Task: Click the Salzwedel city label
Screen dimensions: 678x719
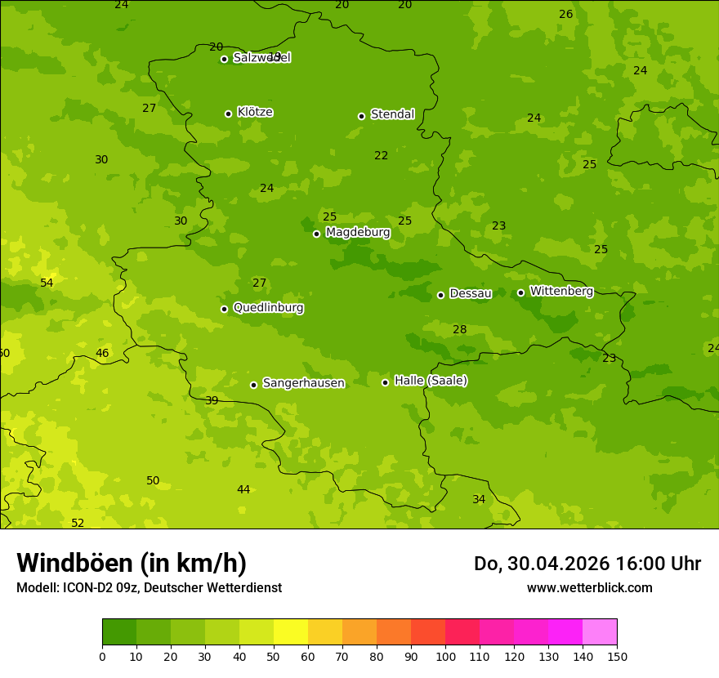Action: point(261,58)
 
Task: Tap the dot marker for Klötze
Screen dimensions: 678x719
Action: point(229,114)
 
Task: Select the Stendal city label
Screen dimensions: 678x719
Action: point(392,114)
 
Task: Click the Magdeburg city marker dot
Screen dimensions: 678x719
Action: point(317,234)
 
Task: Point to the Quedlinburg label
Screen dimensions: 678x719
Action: point(268,308)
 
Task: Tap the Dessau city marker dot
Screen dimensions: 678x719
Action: point(441,295)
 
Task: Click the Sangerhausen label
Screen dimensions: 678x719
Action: point(303,383)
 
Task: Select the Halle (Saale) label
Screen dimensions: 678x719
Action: point(431,381)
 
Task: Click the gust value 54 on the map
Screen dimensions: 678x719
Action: point(47,283)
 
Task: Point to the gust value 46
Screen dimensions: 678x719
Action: point(102,353)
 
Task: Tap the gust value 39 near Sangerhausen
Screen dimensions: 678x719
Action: point(212,400)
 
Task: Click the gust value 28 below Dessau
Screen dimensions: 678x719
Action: point(460,329)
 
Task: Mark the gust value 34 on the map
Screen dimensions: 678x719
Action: point(479,499)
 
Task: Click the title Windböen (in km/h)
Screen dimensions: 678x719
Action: point(132,563)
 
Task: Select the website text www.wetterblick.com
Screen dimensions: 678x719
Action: point(589,587)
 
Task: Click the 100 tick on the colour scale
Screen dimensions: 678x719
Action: point(445,656)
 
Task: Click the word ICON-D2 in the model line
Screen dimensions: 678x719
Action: point(90,587)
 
